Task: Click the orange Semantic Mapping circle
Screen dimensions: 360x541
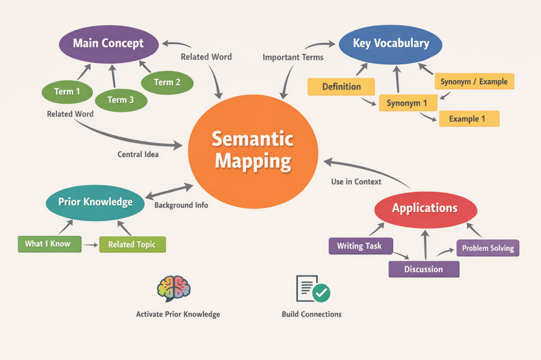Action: [x=253, y=149]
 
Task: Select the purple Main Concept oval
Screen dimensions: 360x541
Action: [x=108, y=43]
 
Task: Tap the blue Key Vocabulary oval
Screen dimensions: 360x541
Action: [x=390, y=43]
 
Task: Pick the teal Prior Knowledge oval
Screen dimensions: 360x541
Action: [x=95, y=202]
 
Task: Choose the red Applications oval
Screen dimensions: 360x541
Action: [x=425, y=209]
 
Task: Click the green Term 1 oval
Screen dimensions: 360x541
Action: [x=67, y=92]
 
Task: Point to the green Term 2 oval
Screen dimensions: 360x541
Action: [x=167, y=82]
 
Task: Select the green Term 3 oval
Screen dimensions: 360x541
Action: [x=120, y=99]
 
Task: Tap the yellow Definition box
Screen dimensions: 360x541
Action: [x=341, y=87]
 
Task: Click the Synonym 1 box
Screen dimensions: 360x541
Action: [x=406, y=103]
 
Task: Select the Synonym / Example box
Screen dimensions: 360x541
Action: [x=473, y=82]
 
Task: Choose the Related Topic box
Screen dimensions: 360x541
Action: [x=132, y=244]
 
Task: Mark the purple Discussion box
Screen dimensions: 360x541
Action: [x=424, y=269]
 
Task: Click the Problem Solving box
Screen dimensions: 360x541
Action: [x=488, y=248]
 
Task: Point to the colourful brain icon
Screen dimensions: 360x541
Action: [x=174, y=288]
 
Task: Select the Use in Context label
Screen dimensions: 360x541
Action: [x=356, y=182]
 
